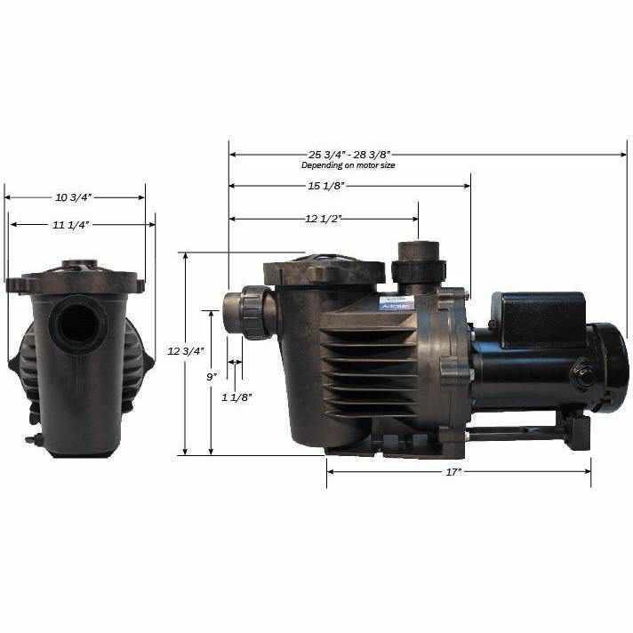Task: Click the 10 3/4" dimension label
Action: [75, 196]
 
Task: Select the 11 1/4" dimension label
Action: [76, 225]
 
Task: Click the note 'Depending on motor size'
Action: [348, 165]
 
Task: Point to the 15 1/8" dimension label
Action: [325, 186]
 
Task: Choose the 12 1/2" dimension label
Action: [324, 218]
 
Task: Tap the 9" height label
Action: [211, 377]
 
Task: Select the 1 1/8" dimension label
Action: [235, 397]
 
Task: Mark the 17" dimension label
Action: [453, 472]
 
